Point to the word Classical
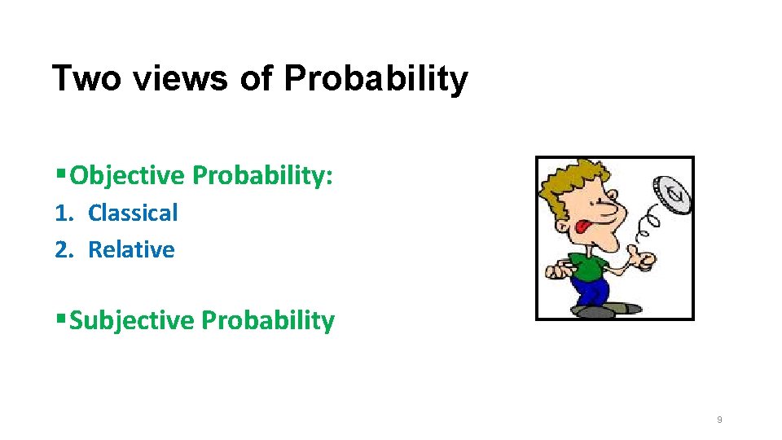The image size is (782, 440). (x=133, y=213)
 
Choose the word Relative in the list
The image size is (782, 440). (x=131, y=249)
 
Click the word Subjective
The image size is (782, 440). (x=132, y=320)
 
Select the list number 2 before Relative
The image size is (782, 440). (x=63, y=250)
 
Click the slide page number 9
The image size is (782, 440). (x=718, y=420)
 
